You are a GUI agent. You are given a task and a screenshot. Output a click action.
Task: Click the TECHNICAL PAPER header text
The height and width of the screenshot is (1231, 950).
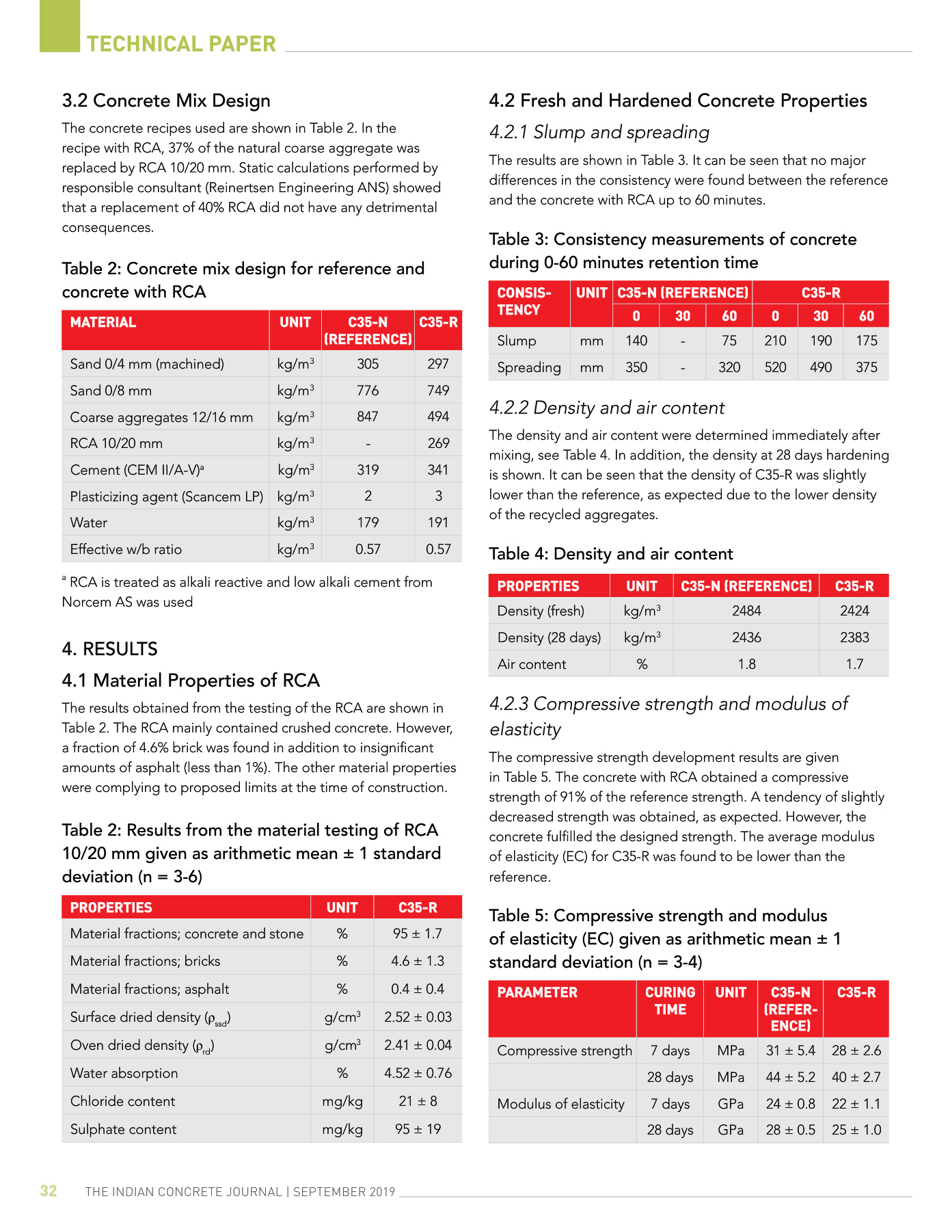(x=181, y=44)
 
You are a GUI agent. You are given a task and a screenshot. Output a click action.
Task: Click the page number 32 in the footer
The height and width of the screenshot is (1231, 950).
(x=49, y=1191)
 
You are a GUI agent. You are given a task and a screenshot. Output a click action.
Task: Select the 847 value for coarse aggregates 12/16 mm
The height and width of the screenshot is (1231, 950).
(x=368, y=416)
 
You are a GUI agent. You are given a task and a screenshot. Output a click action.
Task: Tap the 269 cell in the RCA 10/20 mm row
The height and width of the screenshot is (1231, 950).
(x=438, y=443)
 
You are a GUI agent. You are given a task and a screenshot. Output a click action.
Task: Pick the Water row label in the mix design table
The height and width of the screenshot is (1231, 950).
(x=89, y=522)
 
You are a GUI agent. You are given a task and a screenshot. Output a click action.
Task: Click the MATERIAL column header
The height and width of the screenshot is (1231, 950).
(x=103, y=322)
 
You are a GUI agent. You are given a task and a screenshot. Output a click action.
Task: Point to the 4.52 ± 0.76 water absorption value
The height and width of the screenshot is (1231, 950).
(x=418, y=1073)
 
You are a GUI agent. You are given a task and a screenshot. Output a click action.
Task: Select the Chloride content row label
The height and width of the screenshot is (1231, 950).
(x=122, y=1101)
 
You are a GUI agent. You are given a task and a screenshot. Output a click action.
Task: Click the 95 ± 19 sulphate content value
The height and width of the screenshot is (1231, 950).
(x=418, y=1129)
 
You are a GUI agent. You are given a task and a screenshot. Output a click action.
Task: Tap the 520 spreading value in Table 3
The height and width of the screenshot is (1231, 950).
(x=775, y=367)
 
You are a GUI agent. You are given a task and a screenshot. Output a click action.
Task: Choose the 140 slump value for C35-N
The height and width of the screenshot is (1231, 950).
(x=636, y=341)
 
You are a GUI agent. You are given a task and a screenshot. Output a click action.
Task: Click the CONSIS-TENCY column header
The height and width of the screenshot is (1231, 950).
(x=524, y=302)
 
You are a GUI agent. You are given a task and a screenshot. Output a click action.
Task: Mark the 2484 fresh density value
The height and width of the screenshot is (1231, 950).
(x=746, y=611)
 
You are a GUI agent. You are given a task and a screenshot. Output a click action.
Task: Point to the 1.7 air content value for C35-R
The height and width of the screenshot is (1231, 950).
(x=854, y=664)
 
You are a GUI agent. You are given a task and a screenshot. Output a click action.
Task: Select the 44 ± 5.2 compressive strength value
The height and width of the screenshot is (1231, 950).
(x=791, y=1077)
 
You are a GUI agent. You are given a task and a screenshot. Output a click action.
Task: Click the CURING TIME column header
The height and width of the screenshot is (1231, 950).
(x=670, y=1001)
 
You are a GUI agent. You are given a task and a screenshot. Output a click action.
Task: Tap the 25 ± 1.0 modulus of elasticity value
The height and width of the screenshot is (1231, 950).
(x=856, y=1130)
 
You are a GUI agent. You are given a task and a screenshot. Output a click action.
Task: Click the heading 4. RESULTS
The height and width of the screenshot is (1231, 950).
(x=110, y=649)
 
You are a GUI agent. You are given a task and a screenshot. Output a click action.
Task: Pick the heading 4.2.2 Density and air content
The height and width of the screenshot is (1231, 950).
(x=607, y=408)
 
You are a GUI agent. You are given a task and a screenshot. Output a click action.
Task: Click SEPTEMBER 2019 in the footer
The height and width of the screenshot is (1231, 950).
(x=344, y=1192)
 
